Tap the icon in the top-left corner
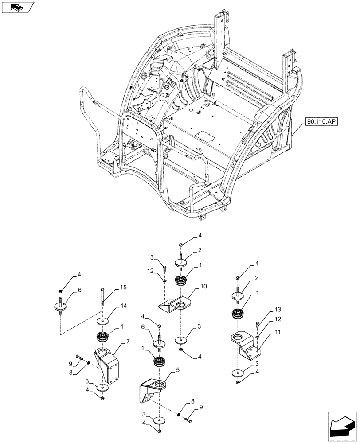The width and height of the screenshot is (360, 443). click(17, 7)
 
